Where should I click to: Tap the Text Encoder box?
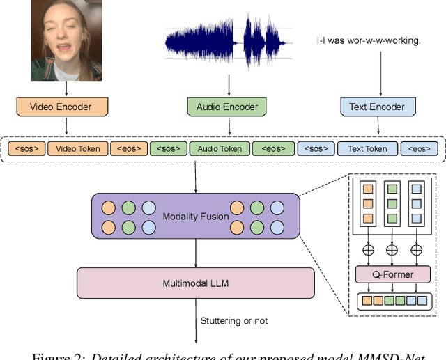377,107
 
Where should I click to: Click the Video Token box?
78,148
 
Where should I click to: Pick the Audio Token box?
220,148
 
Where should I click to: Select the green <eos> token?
272,148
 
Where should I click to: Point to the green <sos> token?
169,148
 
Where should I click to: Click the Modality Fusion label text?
196,217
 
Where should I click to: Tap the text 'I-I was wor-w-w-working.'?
368,41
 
